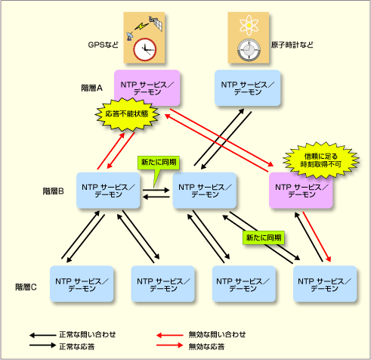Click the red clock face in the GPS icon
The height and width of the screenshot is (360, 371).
tap(145, 49)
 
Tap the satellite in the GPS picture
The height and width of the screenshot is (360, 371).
tap(156, 23)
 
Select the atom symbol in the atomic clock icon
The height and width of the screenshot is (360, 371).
tap(249, 25)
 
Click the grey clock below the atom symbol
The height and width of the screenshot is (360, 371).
tap(249, 50)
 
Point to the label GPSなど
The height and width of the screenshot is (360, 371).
tap(103, 45)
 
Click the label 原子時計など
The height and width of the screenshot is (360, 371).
tap(292, 45)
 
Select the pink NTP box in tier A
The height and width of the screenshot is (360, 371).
tap(147, 88)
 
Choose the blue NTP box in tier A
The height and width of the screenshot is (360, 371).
tap(248, 88)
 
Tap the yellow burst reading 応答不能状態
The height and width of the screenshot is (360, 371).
tap(127, 114)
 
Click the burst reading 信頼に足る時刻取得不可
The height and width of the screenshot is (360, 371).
tap(321, 160)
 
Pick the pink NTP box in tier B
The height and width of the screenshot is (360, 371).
tap(301, 191)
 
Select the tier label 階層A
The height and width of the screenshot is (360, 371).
tap(91, 88)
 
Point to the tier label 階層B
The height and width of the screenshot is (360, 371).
tap(53, 191)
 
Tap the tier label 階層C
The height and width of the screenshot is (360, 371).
tap(26, 287)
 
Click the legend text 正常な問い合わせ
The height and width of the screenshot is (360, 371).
tap(88, 334)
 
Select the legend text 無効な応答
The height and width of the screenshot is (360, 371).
tap(206, 346)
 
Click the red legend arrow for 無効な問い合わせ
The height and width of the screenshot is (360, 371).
tap(170, 335)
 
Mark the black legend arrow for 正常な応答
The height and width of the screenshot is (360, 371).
tap(42, 345)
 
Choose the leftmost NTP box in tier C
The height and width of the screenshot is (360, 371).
tap(82, 284)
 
